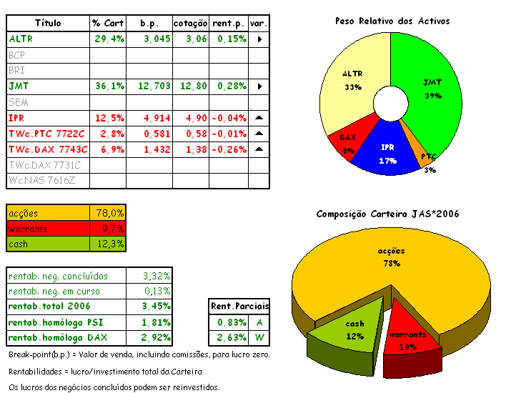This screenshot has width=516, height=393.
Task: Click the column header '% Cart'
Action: pos(108,23)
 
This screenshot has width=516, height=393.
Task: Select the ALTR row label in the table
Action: pos(21,39)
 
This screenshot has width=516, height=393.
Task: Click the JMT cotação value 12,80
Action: pos(192,86)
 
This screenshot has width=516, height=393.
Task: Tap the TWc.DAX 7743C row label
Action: pos(48,149)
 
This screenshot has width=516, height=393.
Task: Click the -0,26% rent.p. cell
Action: pos(228,149)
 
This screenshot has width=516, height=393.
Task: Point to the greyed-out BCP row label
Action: pos(17,54)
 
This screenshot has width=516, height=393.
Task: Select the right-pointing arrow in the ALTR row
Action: pos(259,39)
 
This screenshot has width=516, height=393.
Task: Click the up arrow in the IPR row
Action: pos(259,117)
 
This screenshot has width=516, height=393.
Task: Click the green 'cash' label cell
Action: pos(48,244)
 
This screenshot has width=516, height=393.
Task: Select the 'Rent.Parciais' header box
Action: pos(237,306)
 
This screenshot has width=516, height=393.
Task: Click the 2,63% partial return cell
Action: pos(228,337)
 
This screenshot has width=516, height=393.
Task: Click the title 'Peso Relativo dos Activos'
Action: pos(392,21)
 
